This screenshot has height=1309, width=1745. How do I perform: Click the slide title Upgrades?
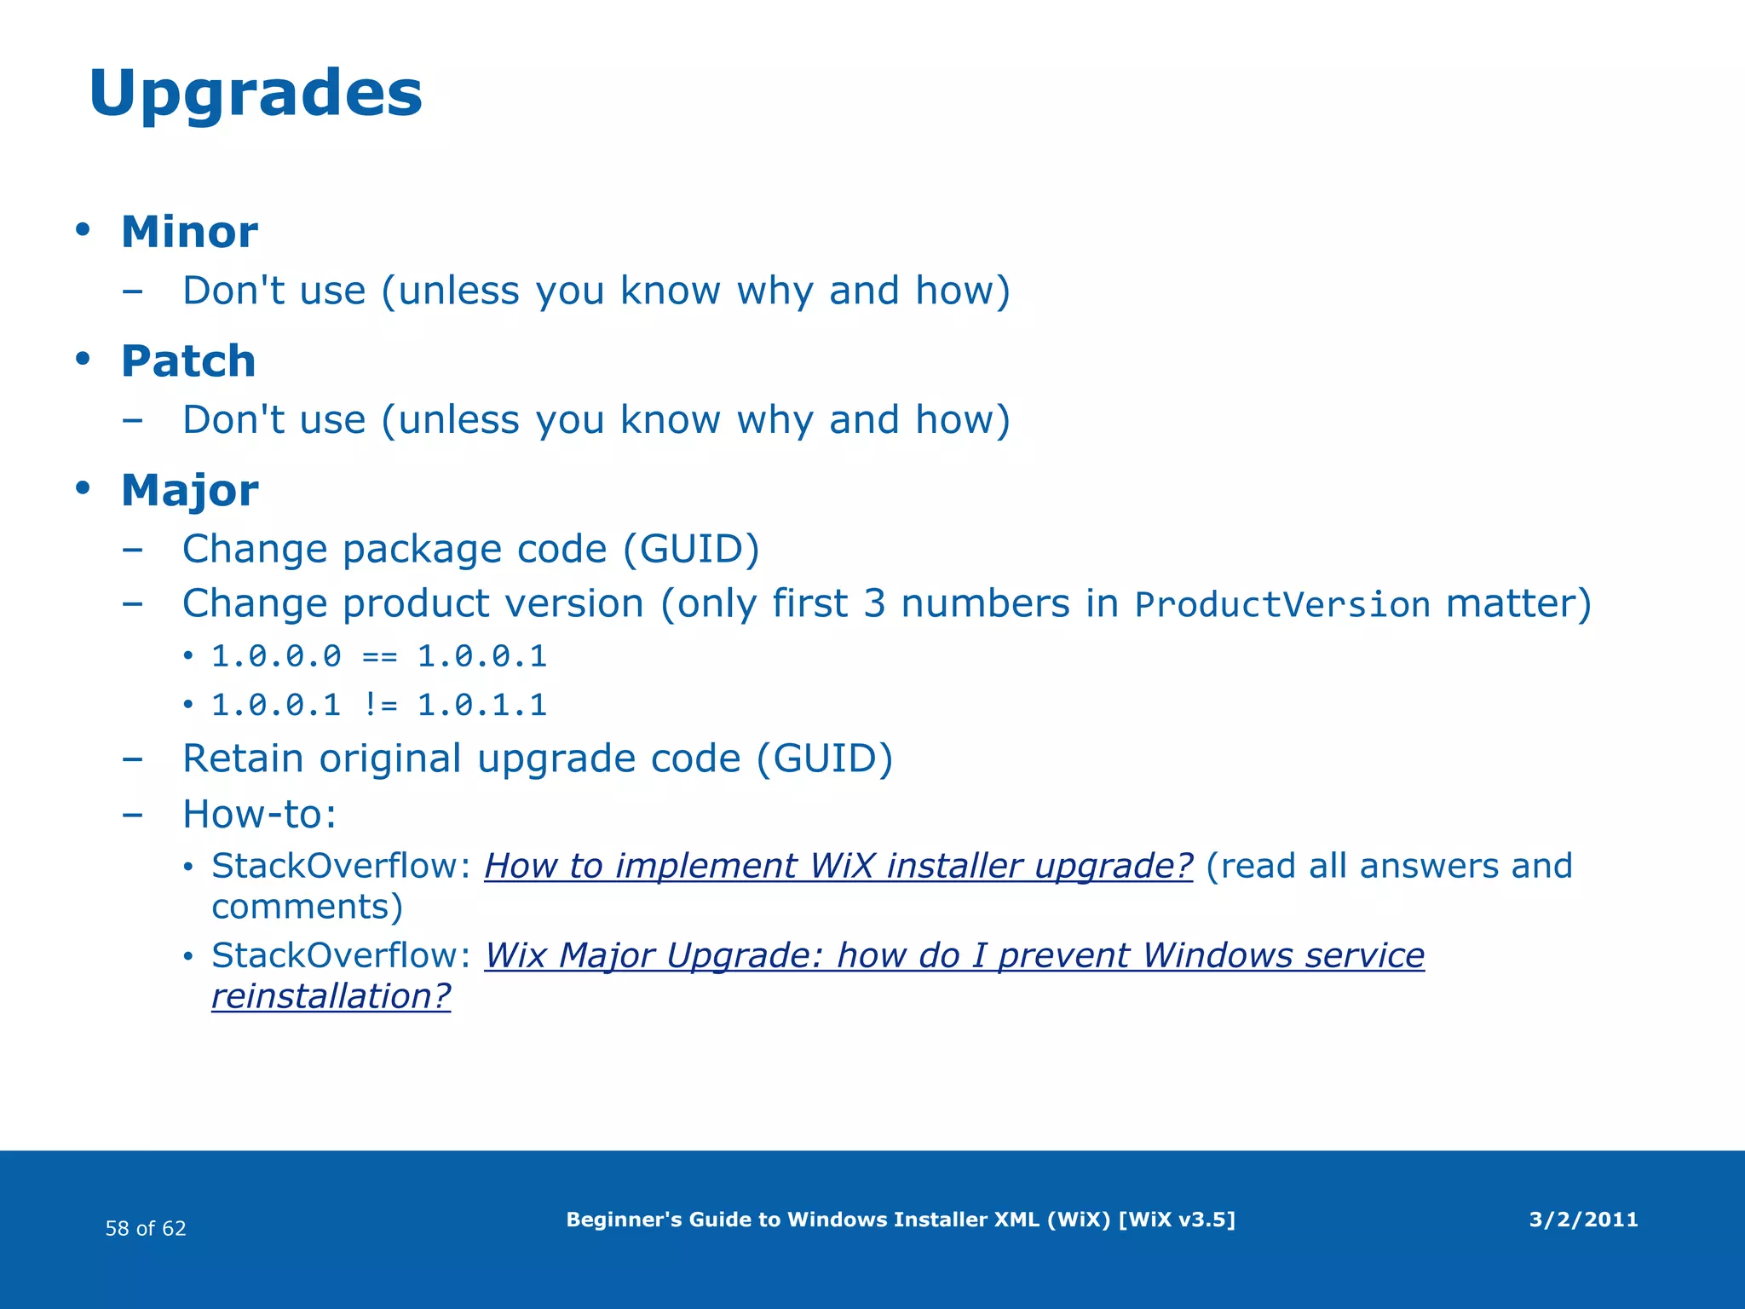coord(256,94)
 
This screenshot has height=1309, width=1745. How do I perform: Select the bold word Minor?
coord(189,232)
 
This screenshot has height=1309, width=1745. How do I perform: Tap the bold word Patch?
coord(188,360)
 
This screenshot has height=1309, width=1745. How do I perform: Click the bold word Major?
coord(189,490)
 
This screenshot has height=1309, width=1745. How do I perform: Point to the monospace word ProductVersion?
coord(1282,605)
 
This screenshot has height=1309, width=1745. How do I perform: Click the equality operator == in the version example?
coord(379,656)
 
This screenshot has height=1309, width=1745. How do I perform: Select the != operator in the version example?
coord(379,705)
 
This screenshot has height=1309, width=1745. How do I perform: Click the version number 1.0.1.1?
coord(482,705)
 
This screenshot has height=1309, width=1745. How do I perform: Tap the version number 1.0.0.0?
coord(276,656)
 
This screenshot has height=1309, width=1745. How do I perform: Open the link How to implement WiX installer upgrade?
coord(838,866)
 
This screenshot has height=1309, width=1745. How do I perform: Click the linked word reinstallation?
coord(331,995)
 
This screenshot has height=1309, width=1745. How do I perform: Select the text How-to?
coord(260,814)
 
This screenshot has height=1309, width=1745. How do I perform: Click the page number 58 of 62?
coord(146,1228)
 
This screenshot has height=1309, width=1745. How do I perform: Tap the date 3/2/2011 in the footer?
coord(1583,1220)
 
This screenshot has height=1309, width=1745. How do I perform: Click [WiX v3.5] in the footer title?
coord(1176,1220)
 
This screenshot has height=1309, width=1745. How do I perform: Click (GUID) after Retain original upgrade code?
coord(825,758)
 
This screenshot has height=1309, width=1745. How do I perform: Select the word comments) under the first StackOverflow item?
coord(307,906)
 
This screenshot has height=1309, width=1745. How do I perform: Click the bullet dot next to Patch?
coord(83,359)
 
